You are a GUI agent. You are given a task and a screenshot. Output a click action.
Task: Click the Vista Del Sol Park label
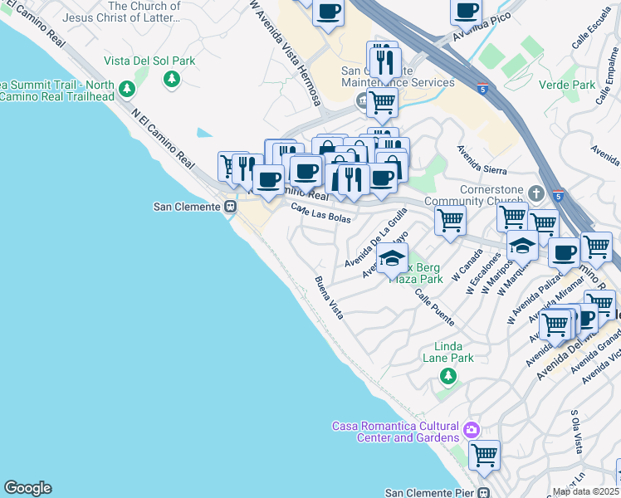point(149,61)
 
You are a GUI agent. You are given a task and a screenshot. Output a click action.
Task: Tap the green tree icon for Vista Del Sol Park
point(172,79)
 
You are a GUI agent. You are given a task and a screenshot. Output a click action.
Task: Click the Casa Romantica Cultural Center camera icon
point(472,430)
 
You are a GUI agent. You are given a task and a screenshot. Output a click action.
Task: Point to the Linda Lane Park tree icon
point(448,377)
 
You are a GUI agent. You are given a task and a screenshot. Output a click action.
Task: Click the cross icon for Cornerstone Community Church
point(537,193)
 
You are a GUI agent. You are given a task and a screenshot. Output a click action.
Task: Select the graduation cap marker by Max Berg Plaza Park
point(393,257)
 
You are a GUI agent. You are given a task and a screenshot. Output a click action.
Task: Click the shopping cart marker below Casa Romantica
point(484,454)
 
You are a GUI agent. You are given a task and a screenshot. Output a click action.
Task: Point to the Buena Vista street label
point(329,298)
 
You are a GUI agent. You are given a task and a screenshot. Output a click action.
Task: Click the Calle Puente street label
point(434,306)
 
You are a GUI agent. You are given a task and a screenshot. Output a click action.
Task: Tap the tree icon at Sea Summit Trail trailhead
point(126,89)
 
